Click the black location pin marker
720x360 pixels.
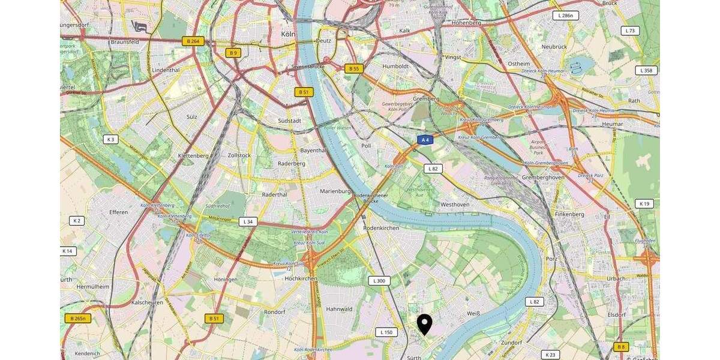pos(424,323)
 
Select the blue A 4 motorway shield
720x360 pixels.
pos(425,140)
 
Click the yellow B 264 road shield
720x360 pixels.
pos(193,41)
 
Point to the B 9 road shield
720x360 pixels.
pos(233,53)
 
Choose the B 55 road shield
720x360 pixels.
pos(354,68)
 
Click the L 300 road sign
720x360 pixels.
pos(379,281)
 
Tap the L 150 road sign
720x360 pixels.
pos(386,332)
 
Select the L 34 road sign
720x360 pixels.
pos(248,222)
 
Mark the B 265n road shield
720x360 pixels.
pos(78,319)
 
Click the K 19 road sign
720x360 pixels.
pos(644,204)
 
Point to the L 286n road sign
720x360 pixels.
pos(565,16)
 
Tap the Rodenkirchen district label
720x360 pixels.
pos(381,228)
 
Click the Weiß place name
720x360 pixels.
pos(474,313)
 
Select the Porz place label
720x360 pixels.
pos(551,259)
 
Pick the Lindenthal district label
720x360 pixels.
pos(166,70)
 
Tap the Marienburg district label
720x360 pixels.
pos(335,191)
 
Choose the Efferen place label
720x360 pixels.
pos(118,212)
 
